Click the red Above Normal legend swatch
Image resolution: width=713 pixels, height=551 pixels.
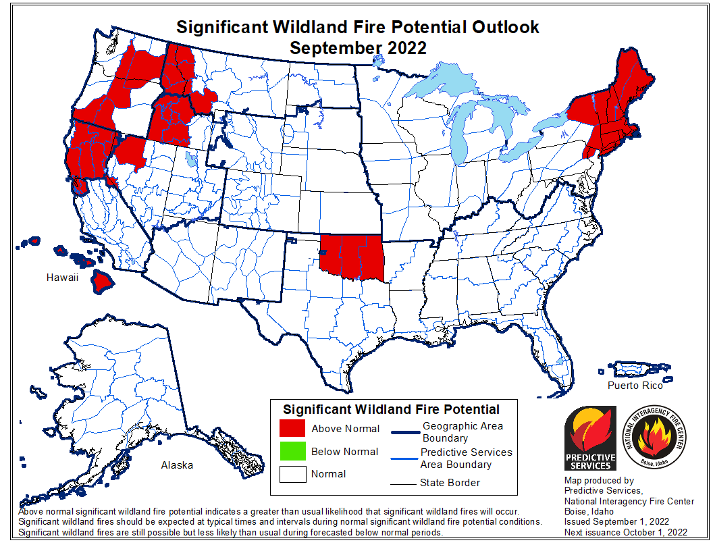click(292, 428)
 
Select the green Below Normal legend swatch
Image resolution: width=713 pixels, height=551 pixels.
click(292, 451)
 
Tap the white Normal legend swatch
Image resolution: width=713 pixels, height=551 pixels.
click(292, 473)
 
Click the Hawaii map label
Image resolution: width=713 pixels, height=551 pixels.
click(63, 278)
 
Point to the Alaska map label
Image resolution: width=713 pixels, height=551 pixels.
click(177, 465)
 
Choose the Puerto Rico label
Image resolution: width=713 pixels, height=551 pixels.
click(635, 386)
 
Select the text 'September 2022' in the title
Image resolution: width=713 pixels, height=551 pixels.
click(358, 48)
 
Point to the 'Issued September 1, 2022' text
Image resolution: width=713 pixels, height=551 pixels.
click(616, 522)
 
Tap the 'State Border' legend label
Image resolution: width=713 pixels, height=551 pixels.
click(450, 482)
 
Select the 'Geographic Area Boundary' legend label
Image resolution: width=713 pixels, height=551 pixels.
click(463, 432)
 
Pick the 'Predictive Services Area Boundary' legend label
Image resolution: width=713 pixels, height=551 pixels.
click(466, 458)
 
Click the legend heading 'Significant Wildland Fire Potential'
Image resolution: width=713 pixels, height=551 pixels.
click(391, 409)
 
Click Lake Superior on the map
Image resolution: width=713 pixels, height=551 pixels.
click(439, 88)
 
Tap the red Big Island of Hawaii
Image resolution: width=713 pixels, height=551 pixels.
click(105, 280)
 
